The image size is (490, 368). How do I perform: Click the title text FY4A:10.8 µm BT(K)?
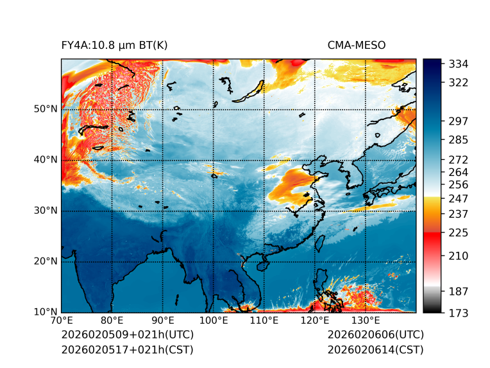[x=114, y=45]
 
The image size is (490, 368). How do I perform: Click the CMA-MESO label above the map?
[x=356, y=45]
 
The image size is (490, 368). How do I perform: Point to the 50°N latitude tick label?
[x=45, y=109]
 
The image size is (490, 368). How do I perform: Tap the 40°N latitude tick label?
[x=45, y=159]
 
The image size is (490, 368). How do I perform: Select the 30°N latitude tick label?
[x=45, y=211]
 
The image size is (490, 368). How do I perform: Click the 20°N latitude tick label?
[x=45, y=261]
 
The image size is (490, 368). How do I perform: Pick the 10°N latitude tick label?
[x=45, y=312]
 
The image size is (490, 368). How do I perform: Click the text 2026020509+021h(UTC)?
[x=127, y=335]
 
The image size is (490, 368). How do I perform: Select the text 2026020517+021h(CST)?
[x=127, y=350]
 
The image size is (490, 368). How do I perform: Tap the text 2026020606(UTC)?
[x=375, y=335]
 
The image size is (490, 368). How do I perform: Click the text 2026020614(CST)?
[x=375, y=350]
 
